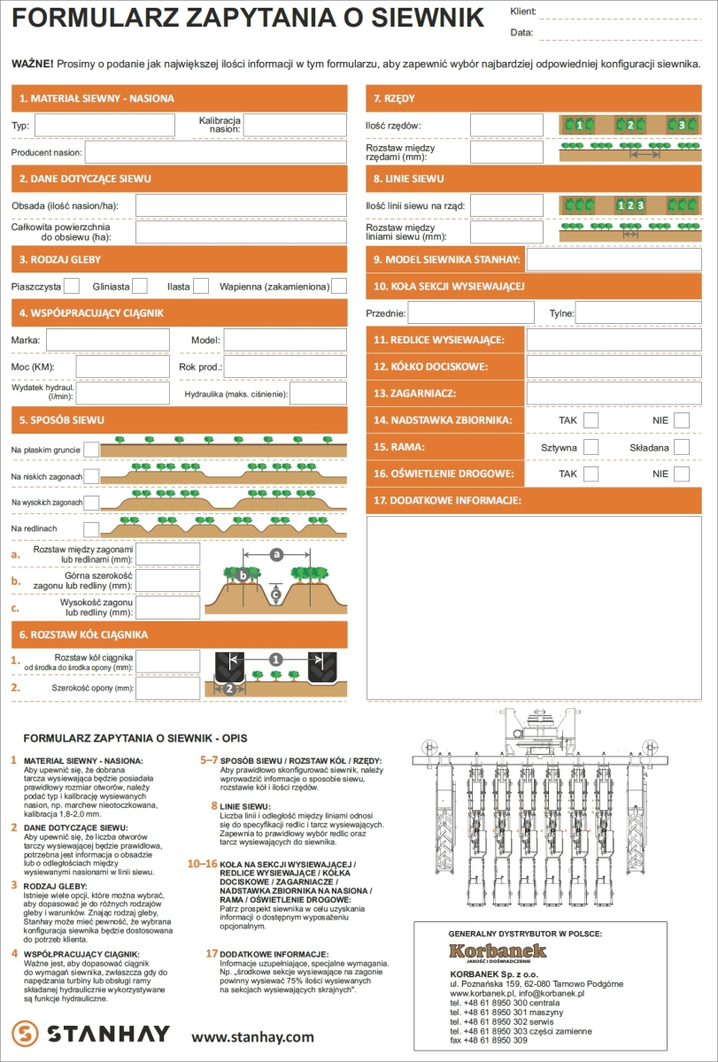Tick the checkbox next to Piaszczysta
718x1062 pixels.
(72, 286)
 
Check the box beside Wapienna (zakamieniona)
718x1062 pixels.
(339, 286)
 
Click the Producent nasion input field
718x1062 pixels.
(216, 152)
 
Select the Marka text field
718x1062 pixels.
(108, 340)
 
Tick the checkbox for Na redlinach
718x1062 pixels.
(91, 528)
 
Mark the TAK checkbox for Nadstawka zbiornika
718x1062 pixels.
(591, 419)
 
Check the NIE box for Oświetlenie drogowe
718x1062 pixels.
(681, 474)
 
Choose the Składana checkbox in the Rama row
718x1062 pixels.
(681, 447)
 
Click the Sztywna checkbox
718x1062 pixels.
(591, 447)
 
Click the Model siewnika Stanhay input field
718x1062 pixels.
(614, 259)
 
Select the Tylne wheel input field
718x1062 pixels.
(638, 313)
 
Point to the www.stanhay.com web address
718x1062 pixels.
(252, 1036)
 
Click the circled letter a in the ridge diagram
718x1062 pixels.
(276, 554)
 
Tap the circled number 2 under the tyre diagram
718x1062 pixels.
(229, 688)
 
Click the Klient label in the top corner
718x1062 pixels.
(523, 12)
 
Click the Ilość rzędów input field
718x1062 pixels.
(506, 125)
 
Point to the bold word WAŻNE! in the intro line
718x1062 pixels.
(32, 64)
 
